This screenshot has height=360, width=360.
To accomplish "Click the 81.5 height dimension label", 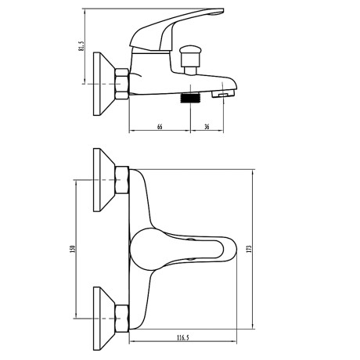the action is click(x=81, y=45).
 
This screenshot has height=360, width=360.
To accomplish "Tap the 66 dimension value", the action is click(x=160, y=127).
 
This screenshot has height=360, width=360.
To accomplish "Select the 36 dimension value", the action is click(x=207, y=127).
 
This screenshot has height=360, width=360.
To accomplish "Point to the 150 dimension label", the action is click(x=73, y=250).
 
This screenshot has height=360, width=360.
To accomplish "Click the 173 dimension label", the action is click(x=249, y=249).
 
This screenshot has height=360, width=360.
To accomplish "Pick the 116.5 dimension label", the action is click(x=182, y=338).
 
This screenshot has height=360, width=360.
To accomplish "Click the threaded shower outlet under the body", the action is click(x=189, y=97).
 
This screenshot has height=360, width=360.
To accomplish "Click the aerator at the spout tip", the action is click(x=223, y=94).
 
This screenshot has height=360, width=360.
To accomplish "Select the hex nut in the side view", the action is click(x=122, y=84).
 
